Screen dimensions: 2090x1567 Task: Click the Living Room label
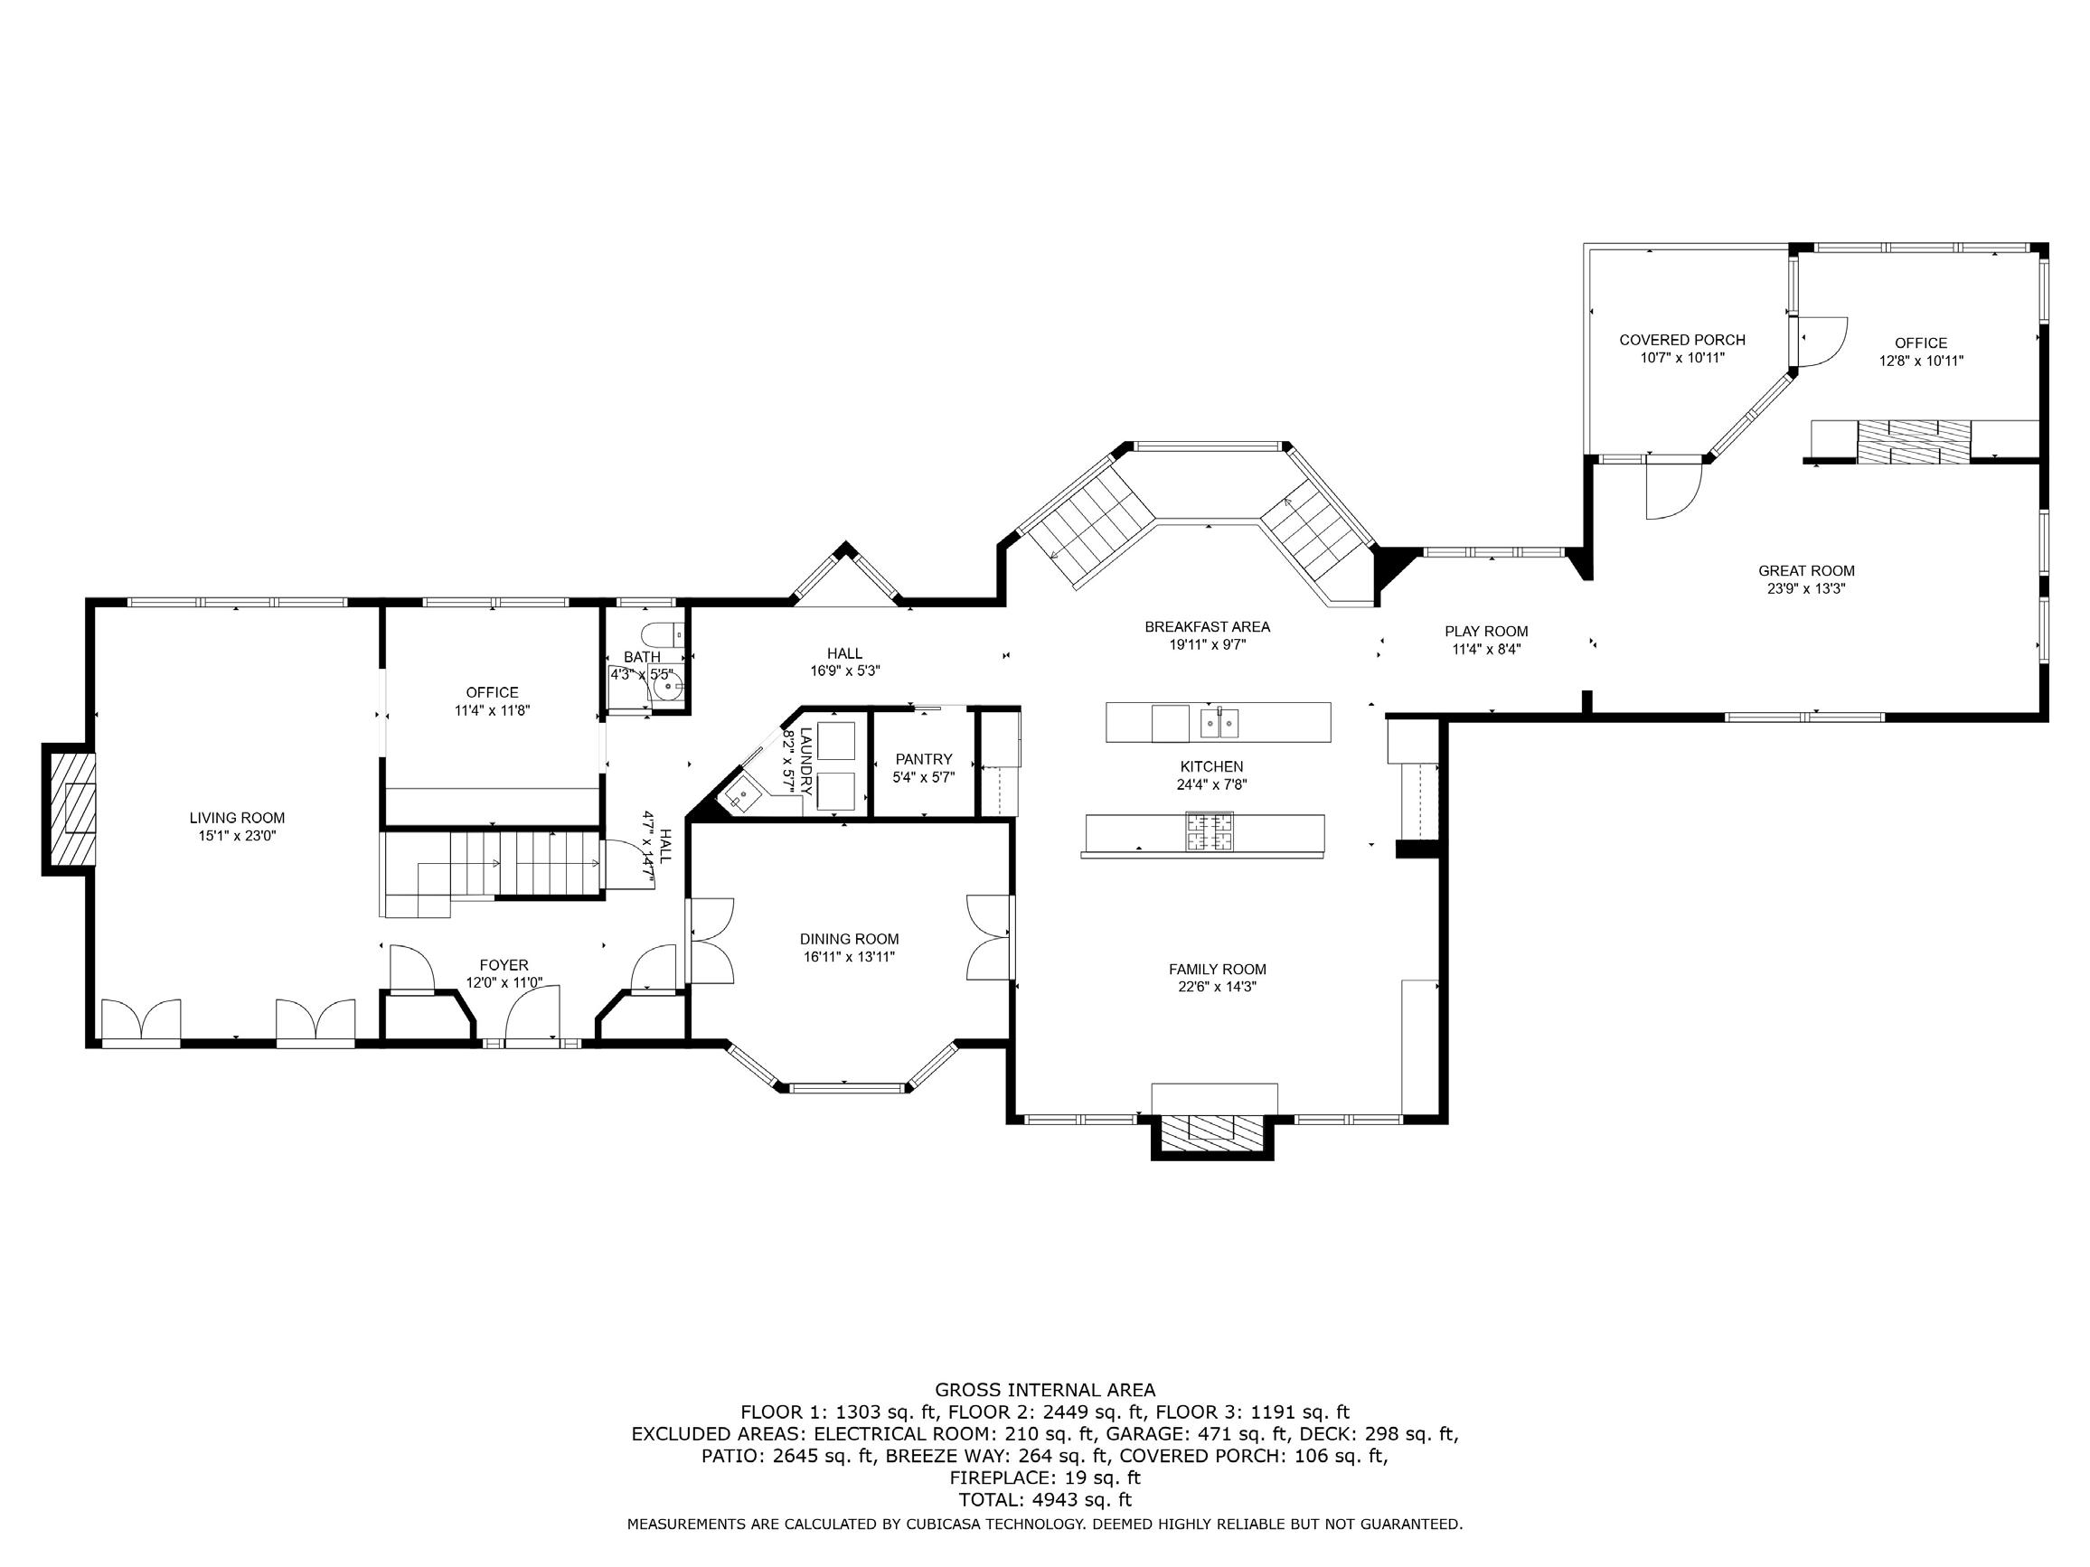(237, 818)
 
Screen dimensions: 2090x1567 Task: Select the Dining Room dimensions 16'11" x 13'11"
(850, 957)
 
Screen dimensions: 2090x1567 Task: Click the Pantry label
(924, 759)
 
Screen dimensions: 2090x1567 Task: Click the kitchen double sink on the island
(1219, 723)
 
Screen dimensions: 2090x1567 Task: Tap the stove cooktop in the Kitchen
(1210, 831)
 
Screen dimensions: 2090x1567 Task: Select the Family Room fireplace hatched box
(1212, 1132)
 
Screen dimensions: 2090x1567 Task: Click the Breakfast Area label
(1208, 627)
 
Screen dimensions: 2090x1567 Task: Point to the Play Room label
(1486, 632)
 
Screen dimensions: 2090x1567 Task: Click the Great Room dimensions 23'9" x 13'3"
(1806, 588)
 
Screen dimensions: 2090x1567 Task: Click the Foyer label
(504, 965)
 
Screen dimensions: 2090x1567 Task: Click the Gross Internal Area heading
(1045, 1390)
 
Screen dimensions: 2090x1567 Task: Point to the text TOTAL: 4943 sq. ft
(1045, 1499)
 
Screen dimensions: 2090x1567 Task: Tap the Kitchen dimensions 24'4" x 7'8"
(1212, 784)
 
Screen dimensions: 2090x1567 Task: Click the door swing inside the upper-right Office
(1823, 341)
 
